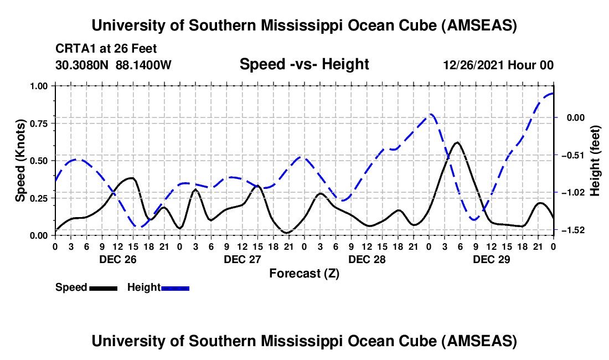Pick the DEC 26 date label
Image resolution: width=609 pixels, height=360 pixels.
point(117,259)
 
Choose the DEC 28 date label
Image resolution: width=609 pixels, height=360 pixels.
point(367,259)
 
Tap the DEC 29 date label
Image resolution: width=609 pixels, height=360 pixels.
point(491,259)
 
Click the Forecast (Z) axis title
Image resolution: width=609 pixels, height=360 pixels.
point(304,273)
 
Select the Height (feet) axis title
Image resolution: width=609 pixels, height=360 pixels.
point(595,161)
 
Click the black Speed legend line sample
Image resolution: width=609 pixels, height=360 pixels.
point(103,288)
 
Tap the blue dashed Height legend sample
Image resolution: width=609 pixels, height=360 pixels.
point(176,288)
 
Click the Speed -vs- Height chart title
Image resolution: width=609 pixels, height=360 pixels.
point(304,64)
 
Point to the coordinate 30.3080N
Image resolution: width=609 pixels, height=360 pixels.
point(82,65)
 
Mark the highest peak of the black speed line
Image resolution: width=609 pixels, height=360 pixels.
point(457,142)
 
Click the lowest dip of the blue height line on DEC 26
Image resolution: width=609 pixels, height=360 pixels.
point(140,227)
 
